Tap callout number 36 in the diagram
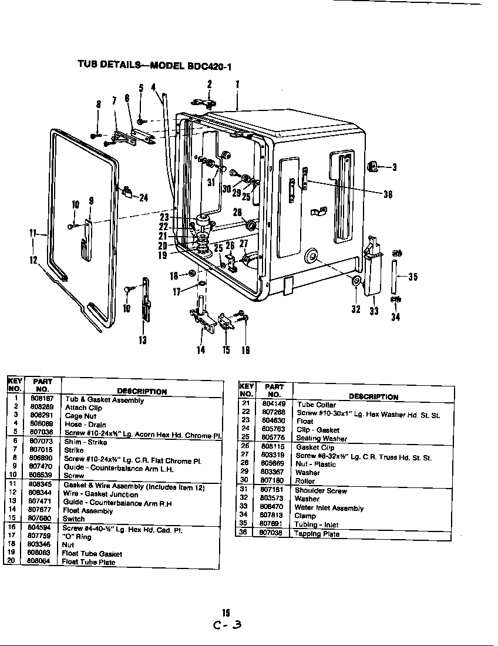tap(388, 195)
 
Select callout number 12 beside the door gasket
tap(34, 260)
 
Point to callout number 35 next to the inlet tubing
tap(413, 277)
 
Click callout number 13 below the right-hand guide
tap(143, 339)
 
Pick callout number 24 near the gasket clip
tap(143, 197)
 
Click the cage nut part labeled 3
tap(371, 166)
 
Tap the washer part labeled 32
tap(356, 282)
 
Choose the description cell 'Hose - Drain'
tap(86, 425)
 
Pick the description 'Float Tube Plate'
tap(89, 562)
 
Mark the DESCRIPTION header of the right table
tap(373, 396)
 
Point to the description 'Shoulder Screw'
tap(321, 490)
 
